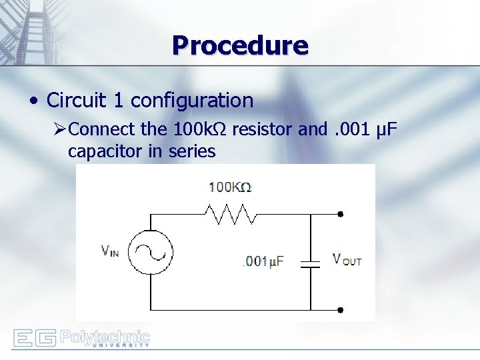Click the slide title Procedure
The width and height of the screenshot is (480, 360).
(x=240, y=46)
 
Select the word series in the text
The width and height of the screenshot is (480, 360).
(x=191, y=151)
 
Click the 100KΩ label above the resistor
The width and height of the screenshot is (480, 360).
(x=229, y=187)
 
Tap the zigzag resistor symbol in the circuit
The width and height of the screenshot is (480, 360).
(x=231, y=214)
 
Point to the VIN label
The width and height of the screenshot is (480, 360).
(x=110, y=251)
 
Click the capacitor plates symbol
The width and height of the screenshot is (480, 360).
(x=311, y=263)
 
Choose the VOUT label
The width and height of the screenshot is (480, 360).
(x=347, y=259)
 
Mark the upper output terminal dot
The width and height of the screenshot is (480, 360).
(x=340, y=214)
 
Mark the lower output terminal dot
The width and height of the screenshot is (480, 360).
(x=340, y=310)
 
